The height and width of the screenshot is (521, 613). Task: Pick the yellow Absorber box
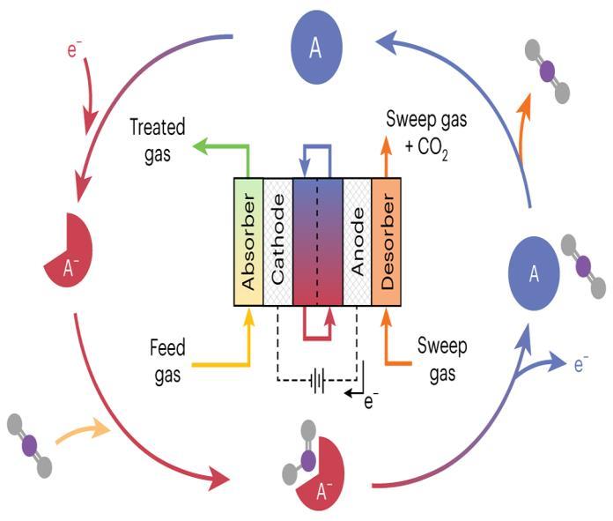pyautogui.click(x=247, y=242)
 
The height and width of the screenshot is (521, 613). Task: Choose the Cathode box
pyautogui.click(x=277, y=242)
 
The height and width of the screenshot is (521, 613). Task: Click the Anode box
pyautogui.click(x=357, y=242)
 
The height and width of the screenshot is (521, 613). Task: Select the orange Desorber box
pyautogui.click(x=387, y=242)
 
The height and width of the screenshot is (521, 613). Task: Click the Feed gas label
pyautogui.click(x=166, y=361)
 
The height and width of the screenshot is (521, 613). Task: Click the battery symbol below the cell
pyautogui.click(x=318, y=382)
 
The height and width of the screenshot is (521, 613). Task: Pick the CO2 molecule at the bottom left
pyautogui.click(x=31, y=446)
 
